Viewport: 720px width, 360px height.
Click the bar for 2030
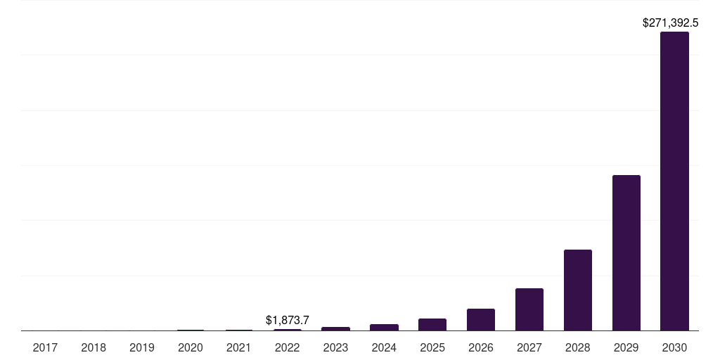pos(674,181)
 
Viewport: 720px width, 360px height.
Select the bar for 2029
pos(626,252)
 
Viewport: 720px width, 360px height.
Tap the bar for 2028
pos(578,290)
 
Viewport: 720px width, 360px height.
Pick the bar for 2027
pos(529,309)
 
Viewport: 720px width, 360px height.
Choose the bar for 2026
pos(481,319)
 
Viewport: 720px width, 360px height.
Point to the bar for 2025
pos(432,324)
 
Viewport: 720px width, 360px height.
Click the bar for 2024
pos(384,327)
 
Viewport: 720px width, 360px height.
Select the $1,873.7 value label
pos(288,320)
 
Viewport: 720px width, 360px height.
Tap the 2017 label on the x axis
pos(45,347)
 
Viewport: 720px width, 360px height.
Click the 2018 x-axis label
pos(94,347)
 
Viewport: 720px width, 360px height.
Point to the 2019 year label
pos(142,347)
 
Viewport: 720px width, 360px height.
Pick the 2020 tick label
pos(191,347)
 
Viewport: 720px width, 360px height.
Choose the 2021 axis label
pos(239,347)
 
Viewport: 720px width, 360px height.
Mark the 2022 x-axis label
pos(288,347)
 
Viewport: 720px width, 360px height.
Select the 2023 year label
pos(335,347)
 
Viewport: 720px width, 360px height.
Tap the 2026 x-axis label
pos(481,347)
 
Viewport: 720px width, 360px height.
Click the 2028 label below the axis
pos(578,347)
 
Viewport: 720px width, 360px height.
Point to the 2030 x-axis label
pos(674,347)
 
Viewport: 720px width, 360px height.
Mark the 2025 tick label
pos(432,347)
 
